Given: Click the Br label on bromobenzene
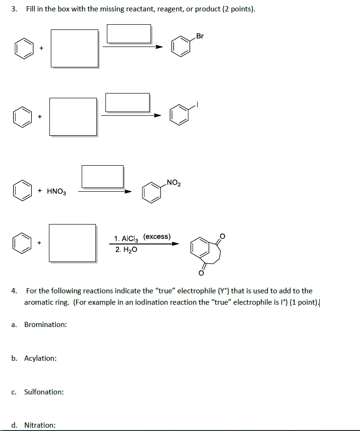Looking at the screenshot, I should pyautogui.click(x=199, y=36).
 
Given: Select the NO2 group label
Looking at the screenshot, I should pyautogui.click(x=174, y=183).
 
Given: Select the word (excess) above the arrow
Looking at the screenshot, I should pyautogui.click(x=157, y=236).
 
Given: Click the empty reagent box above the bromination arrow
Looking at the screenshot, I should pyautogui.click(x=129, y=33).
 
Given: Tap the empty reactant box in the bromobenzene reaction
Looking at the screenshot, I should pyautogui.click(x=75, y=48).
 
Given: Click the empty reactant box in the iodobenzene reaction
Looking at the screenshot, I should pyautogui.click(x=73, y=116).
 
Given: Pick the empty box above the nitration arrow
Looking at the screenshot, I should pyautogui.click(x=102, y=176).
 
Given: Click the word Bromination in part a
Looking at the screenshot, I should pyautogui.click(x=46, y=325).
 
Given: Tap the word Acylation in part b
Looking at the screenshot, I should pyautogui.click(x=40, y=358).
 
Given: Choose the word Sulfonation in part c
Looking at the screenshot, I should pyautogui.click(x=44, y=392).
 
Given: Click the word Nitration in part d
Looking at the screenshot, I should pyautogui.click(x=40, y=425).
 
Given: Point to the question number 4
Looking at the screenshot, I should pyautogui.click(x=15, y=290).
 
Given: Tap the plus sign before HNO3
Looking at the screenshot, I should pyautogui.click(x=40, y=191).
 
